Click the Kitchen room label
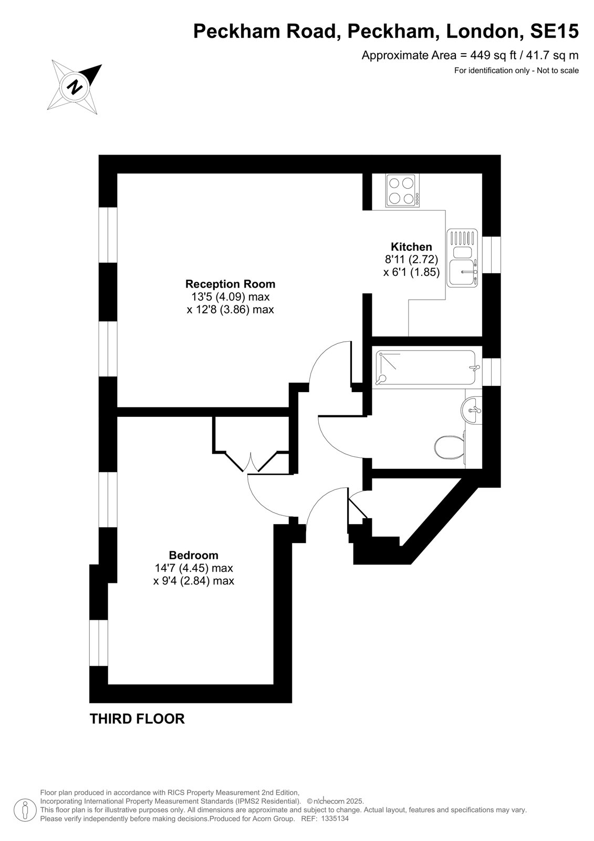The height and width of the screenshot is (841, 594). (411, 247)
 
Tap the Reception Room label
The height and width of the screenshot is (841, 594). (231, 284)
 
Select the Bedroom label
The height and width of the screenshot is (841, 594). (194, 555)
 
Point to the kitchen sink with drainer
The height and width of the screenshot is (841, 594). (462, 258)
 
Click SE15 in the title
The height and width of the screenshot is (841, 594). (554, 31)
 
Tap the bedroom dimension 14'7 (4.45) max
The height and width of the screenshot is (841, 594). (194, 568)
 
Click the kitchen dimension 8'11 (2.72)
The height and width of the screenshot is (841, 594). (411, 259)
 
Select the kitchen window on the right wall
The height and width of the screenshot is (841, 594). (492, 255)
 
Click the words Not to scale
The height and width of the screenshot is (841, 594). (558, 70)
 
